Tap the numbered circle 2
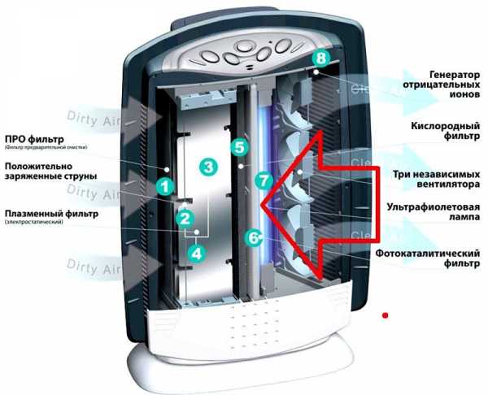point(185,218)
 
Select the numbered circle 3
point(209,167)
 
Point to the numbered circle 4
point(195,253)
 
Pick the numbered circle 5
point(238,147)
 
